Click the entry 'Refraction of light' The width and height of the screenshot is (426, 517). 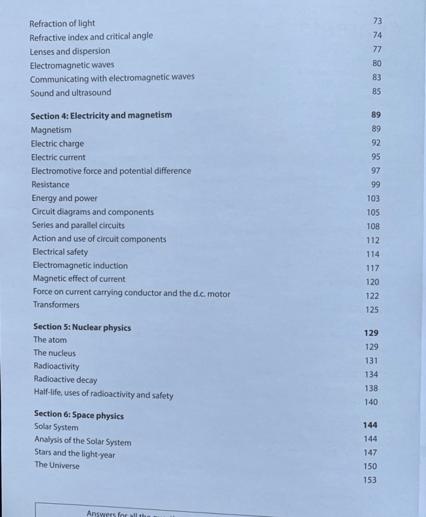62,23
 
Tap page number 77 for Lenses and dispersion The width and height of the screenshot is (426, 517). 377,49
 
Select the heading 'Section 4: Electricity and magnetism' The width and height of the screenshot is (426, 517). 101,115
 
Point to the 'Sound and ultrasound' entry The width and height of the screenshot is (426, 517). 70,93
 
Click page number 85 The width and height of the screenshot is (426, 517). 376,91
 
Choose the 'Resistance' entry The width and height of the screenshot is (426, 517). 51,184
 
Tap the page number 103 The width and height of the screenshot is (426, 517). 373,199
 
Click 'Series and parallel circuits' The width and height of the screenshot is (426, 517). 78,225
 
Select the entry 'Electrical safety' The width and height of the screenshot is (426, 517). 60,252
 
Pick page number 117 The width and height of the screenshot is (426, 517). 372,268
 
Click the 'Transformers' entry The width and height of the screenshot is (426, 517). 56,305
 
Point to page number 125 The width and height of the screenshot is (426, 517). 372,310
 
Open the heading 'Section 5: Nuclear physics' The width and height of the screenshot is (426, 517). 82,327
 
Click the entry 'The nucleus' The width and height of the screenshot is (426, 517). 55,353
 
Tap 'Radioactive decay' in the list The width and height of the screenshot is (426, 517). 65,380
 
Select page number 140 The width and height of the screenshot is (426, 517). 371,402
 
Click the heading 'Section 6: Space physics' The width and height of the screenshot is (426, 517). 79,415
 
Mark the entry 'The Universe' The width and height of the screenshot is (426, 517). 57,465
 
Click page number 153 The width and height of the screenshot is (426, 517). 370,480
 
